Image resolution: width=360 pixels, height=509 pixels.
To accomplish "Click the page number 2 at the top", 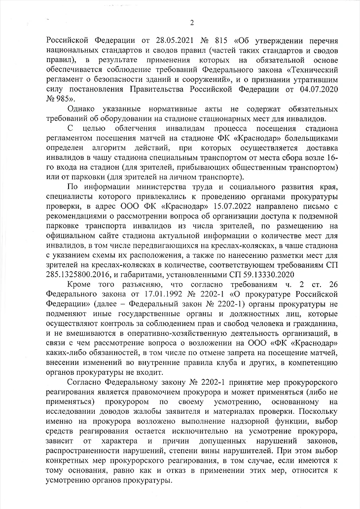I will [x=192, y=22].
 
